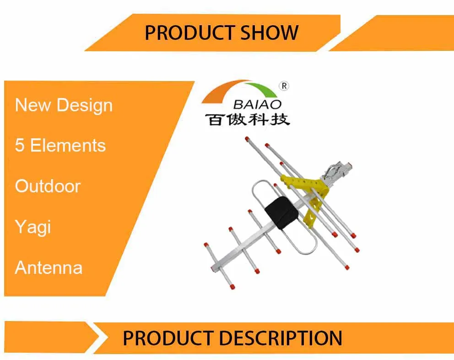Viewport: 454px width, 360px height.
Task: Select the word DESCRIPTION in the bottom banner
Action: pyautogui.click(x=280, y=338)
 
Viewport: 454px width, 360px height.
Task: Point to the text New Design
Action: pyautogui.click(x=64, y=105)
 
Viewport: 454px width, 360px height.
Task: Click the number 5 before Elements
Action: pyautogui.click(x=20, y=146)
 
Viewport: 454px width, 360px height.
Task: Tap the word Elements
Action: pyautogui.click(x=68, y=146)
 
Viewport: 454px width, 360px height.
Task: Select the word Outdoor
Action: pyautogui.click(x=48, y=186)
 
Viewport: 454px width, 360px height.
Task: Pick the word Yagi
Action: pyautogui.click(x=32, y=227)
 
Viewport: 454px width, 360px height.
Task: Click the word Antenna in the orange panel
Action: pyautogui.click(x=49, y=267)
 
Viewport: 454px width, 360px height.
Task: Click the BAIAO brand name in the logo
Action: pyautogui.click(x=258, y=105)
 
